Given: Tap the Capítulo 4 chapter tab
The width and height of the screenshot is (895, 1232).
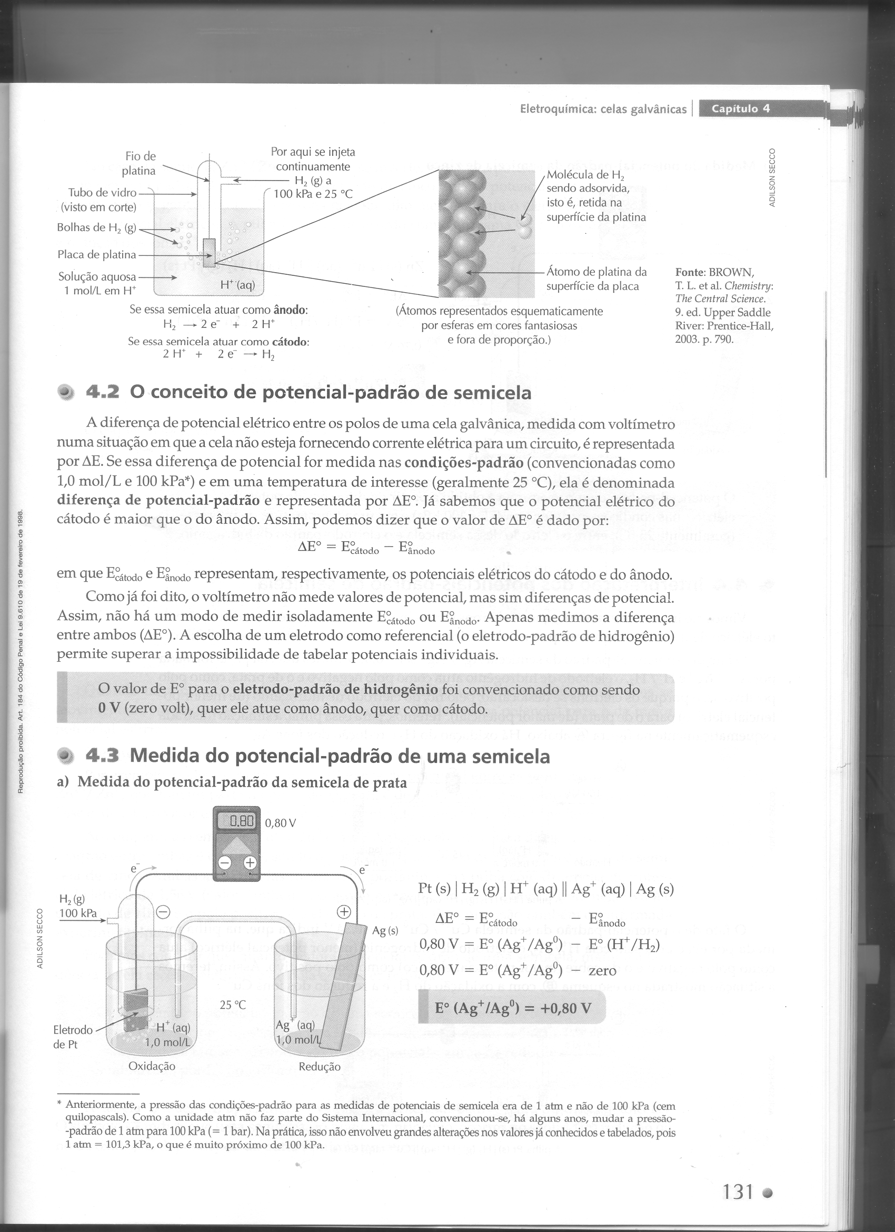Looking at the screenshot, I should pyautogui.click(x=740, y=108).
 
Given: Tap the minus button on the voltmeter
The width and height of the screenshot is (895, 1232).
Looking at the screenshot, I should pyautogui.click(x=224, y=862).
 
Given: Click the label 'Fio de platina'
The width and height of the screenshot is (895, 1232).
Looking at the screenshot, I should pyautogui.click(x=139, y=164).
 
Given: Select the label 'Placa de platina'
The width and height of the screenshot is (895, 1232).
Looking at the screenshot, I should pyautogui.click(x=97, y=254).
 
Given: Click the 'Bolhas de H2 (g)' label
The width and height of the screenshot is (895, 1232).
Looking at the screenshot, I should pyautogui.click(x=97, y=227).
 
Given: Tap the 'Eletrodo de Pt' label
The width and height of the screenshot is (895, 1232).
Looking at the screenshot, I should pyautogui.click(x=73, y=1037).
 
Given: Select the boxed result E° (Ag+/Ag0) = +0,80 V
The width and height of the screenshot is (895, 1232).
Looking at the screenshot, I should pyautogui.click(x=512, y=1008).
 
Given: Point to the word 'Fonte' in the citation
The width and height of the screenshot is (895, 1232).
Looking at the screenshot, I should pyautogui.click(x=690, y=272).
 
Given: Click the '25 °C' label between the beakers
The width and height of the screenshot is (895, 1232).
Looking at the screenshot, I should pyautogui.click(x=233, y=1005).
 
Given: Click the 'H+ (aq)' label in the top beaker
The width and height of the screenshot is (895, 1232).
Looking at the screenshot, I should pyautogui.click(x=237, y=285).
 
